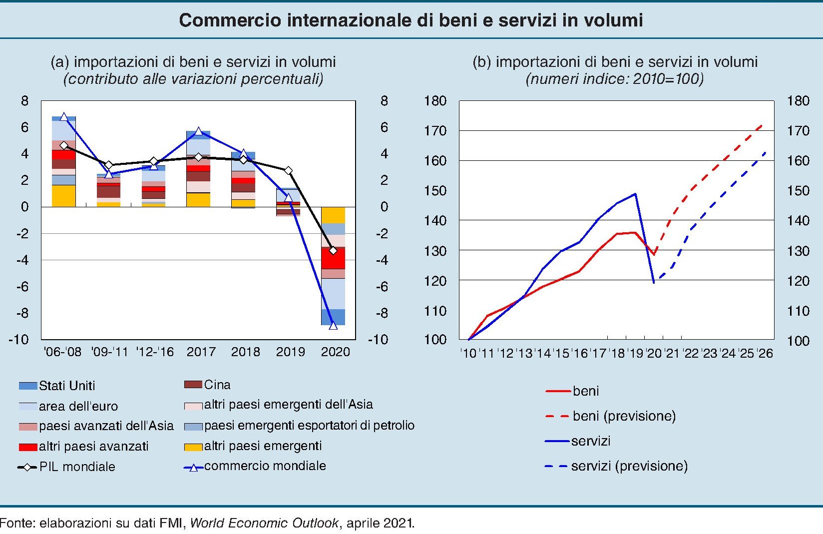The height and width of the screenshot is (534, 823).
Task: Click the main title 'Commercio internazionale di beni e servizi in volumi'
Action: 411,20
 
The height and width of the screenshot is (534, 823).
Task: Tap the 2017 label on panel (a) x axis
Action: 201,352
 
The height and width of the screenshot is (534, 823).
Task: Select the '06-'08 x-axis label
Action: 62,352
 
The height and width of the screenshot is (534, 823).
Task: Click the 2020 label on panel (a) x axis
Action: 335,352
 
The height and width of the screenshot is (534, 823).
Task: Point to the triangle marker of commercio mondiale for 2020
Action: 333,326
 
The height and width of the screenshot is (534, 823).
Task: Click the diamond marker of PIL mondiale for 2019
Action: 288,171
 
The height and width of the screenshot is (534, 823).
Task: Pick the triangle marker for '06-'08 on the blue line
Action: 63,117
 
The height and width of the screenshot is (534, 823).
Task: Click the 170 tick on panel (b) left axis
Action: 434,131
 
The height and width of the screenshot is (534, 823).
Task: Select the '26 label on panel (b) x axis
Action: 765,354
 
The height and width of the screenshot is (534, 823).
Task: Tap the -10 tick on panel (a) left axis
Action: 18,340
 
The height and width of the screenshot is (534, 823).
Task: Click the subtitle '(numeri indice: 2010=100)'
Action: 615,79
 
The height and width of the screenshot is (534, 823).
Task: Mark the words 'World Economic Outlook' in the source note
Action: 264,523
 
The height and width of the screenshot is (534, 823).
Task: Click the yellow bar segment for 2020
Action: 333,215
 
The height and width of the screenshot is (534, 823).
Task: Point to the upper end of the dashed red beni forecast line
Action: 762,125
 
